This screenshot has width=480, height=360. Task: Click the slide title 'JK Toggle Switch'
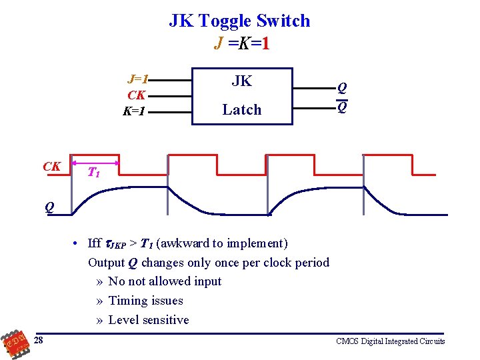tap(239, 21)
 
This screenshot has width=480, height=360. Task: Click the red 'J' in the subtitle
tap(219, 43)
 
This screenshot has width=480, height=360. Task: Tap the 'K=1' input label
tap(134, 111)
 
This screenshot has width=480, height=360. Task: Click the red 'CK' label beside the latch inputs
tap(136, 95)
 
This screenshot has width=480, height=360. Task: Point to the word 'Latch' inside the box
tap(241, 109)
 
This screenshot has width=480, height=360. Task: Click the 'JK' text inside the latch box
tap(241, 81)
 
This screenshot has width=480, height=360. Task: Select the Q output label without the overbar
tap(341, 87)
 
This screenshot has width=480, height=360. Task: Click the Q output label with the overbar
tap(341, 107)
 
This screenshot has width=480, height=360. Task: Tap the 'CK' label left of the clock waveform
tap(51, 167)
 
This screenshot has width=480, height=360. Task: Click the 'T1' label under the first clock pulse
tap(94, 173)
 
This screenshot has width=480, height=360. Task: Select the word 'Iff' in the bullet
tap(94, 243)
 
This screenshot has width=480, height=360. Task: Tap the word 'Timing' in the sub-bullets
tap(127, 301)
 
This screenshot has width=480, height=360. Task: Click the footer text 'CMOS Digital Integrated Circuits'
tap(390, 341)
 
